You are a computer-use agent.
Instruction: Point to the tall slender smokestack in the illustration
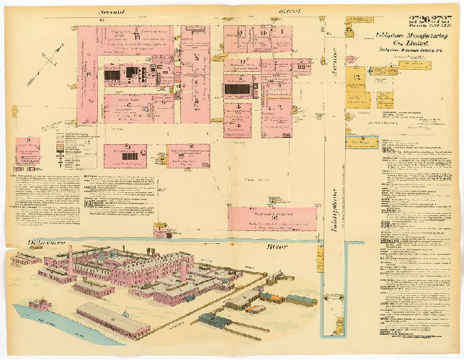click(70, 261)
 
